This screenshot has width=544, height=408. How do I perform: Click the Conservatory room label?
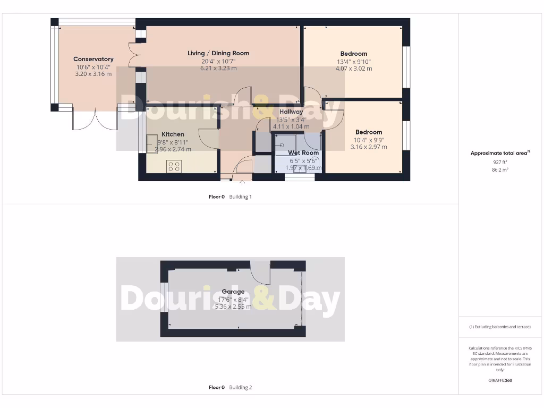pyautogui.click(x=93, y=59)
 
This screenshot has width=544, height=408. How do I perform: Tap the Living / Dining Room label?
pyautogui.click(x=218, y=53)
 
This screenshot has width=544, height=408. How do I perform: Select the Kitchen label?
pyautogui.click(x=173, y=134)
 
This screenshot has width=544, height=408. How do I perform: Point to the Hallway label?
pyautogui.click(x=291, y=112)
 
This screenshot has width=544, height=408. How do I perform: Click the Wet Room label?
pyautogui.click(x=303, y=153)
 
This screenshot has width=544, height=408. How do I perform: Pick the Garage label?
pyautogui.click(x=233, y=292)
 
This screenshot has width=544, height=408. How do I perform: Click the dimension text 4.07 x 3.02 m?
pyautogui.click(x=354, y=69)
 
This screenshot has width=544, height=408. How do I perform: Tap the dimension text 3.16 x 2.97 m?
pyautogui.click(x=369, y=147)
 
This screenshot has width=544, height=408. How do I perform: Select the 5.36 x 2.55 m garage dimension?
pyautogui.click(x=233, y=307)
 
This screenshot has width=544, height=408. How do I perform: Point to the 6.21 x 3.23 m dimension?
pyautogui.click(x=218, y=68)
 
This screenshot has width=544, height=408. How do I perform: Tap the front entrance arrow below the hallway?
pyautogui.click(x=243, y=183)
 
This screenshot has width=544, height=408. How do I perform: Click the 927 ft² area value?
pyautogui.click(x=500, y=162)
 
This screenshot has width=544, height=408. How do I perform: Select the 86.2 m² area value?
pyautogui.click(x=500, y=170)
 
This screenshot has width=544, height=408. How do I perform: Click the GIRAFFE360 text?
pyautogui.click(x=500, y=380)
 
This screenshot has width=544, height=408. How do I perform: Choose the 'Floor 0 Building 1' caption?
pyautogui.click(x=230, y=197)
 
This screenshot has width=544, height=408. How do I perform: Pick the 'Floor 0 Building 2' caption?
pyautogui.click(x=230, y=388)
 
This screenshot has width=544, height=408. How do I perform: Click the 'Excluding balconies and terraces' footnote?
pyautogui.click(x=500, y=327)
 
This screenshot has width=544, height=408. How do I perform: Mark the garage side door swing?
pyautogui.click(x=261, y=273)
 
